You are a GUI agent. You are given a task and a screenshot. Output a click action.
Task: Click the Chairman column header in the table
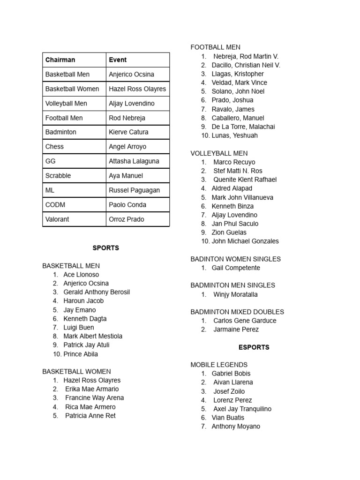pyautogui.click(x=60, y=60)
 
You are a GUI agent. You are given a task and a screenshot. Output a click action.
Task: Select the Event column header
pyautogui.click(x=118, y=60)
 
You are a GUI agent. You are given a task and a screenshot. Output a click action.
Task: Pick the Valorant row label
pyautogui.click(x=58, y=219)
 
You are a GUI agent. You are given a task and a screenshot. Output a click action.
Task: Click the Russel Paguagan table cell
pyautogui.click(x=134, y=190)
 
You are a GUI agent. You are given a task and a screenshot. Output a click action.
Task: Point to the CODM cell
pyautogui.click(x=55, y=205)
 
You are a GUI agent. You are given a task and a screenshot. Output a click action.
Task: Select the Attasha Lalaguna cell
pyautogui.click(x=134, y=161)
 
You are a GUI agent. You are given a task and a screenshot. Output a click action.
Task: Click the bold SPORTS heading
pyautogui.click(x=105, y=248)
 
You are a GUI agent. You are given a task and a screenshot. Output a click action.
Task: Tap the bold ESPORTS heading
pyautogui.click(x=254, y=347)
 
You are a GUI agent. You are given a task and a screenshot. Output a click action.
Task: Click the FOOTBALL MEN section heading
pyautogui.click(x=215, y=47)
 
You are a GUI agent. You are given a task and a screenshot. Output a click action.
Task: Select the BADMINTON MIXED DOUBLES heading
pyautogui.click(x=237, y=312)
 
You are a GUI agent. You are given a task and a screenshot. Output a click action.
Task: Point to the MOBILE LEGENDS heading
pyautogui.click(x=219, y=365)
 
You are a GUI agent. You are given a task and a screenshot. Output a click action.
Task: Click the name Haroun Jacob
pyautogui.click(x=83, y=301)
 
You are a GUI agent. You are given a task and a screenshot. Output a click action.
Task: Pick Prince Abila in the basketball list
pyautogui.click(x=81, y=354)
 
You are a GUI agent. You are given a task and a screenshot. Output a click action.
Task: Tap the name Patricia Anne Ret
pyautogui.click(x=90, y=416)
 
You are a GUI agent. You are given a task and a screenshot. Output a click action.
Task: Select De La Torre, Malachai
pyautogui.click(x=243, y=127)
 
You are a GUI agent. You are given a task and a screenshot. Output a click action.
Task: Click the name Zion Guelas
pyautogui.click(x=229, y=232)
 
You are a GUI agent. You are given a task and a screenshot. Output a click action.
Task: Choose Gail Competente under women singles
pyautogui.click(x=236, y=268)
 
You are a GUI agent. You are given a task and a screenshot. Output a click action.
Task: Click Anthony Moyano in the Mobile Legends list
pyautogui.click(x=236, y=427)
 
